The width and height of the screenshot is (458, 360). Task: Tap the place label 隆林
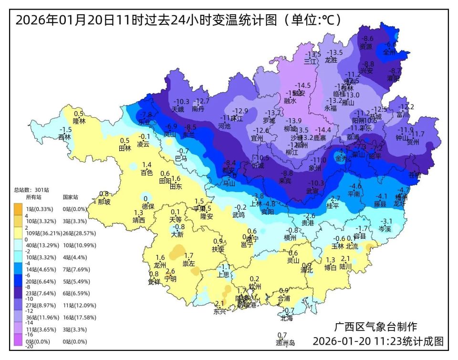click(x=79, y=121)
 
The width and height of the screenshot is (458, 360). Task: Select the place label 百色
click(x=146, y=172)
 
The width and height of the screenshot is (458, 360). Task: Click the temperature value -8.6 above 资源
click(x=367, y=39)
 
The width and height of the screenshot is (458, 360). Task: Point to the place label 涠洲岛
click(x=285, y=343)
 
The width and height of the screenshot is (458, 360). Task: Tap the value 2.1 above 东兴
click(x=219, y=304)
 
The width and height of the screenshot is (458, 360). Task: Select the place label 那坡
click(x=104, y=201)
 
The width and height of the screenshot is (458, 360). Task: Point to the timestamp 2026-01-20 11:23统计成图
click(x=378, y=342)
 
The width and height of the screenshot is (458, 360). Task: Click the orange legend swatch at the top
click(x=18, y=209)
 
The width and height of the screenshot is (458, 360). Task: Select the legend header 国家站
click(x=70, y=197)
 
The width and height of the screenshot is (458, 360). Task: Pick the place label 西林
click(x=64, y=137)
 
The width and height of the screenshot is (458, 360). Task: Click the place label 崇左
click(x=189, y=264)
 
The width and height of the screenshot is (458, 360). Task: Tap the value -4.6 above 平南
click(x=355, y=186)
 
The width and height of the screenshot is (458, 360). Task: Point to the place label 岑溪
click(x=385, y=229)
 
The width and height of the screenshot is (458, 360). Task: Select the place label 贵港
click(x=309, y=223)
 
